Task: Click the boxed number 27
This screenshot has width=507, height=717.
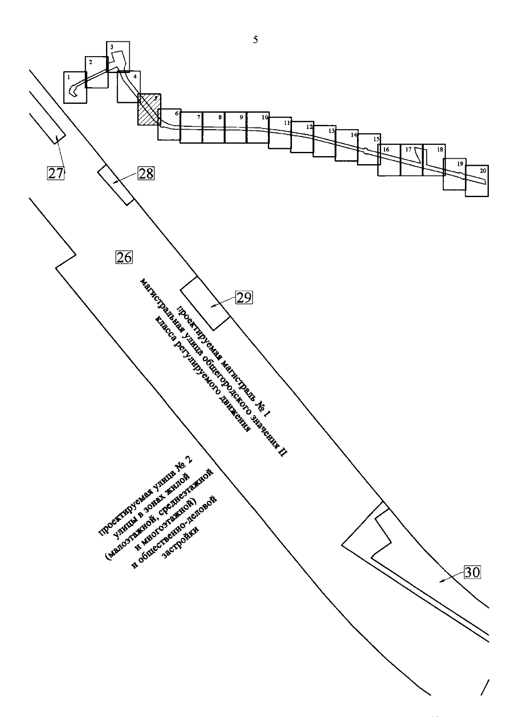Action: click(x=56, y=173)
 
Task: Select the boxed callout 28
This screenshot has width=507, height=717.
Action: click(x=146, y=173)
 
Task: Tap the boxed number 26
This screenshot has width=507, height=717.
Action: click(x=124, y=257)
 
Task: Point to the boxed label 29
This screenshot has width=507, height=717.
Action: click(x=244, y=298)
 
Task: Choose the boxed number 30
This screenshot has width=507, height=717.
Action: click(x=473, y=572)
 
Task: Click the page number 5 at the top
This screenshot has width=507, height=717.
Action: click(x=256, y=40)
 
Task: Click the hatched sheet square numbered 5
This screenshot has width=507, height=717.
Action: click(x=149, y=109)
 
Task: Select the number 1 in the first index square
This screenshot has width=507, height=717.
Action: click(x=68, y=77)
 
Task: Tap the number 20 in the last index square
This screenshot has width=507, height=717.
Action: click(x=483, y=170)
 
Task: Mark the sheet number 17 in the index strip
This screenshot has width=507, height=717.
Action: click(x=408, y=149)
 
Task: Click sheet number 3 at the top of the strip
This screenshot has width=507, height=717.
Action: click(x=112, y=47)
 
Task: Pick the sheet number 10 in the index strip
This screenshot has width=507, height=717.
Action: click(x=265, y=117)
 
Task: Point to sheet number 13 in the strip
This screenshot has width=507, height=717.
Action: click(x=331, y=130)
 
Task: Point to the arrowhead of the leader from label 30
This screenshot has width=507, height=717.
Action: click(x=440, y=581)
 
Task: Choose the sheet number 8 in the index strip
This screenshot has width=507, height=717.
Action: click(x=220, y=117)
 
